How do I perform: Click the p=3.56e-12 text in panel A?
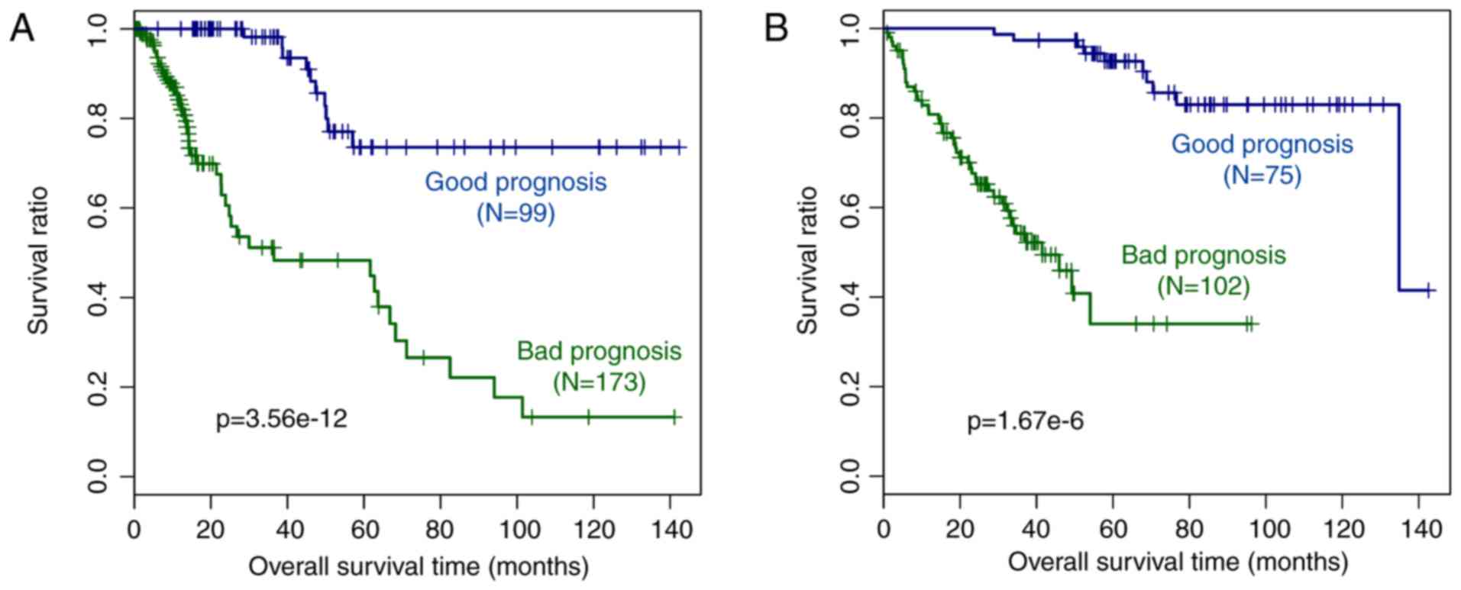[x=282, y=419]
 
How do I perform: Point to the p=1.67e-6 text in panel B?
[x=1025, y=421]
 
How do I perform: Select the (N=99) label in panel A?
[x=516, y=213]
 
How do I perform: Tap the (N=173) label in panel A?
[x=600, y=382]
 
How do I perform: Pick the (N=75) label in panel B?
[x=1262, y=176]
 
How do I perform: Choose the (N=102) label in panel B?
[x=1204, y=286]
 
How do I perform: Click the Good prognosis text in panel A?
[x=516, y=182]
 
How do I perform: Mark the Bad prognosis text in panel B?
[x=1204, y=255]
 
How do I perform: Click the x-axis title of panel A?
[x=419, y=567]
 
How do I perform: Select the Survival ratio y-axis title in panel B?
[x=807, y=260]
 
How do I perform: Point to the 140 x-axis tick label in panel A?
[x=670, y=529]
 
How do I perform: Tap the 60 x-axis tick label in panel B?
[x=1113, y=529]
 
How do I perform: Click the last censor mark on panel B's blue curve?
[x=1428, y=290]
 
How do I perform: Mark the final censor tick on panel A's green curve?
[x=674, y=417]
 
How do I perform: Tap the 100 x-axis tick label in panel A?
[x=517, y=529]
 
